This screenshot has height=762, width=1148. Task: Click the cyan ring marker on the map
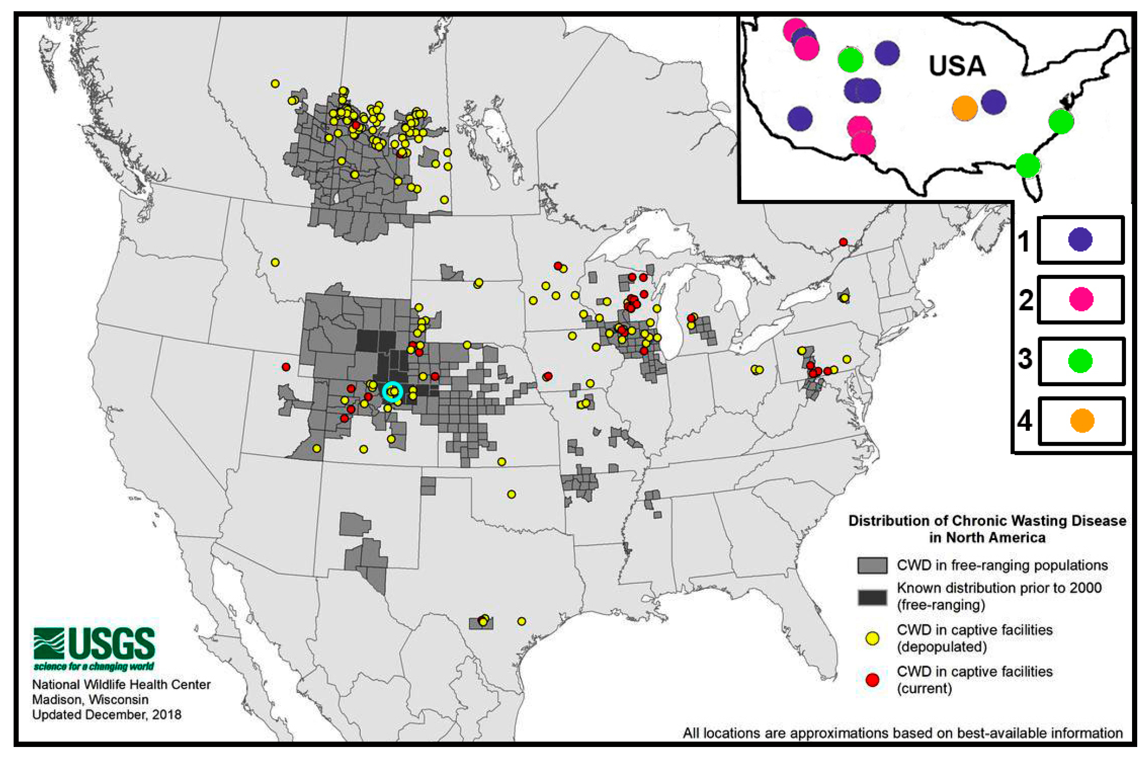[392, 391]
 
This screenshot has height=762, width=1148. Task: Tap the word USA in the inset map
[957, 66]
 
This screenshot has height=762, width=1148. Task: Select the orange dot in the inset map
[965, 108]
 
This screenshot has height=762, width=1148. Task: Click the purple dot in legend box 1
[1080, 240]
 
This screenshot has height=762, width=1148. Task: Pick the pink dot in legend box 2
[1081, 299]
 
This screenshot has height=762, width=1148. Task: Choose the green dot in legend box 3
[1080, 360]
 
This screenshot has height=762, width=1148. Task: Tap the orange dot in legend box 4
[1082, 420]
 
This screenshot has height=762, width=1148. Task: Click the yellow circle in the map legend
[873, 638]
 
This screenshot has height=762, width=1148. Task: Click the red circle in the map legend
[873, 680]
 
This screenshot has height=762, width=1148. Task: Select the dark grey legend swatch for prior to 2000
[872, 597]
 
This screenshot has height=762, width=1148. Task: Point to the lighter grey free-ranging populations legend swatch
[872, 565]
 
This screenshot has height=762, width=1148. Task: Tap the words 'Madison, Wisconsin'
[91, 700]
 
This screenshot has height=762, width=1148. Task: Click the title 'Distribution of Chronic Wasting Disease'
[987, 521]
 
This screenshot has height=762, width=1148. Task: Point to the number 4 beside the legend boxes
[1024, 421]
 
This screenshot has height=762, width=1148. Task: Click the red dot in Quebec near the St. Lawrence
[843, 242]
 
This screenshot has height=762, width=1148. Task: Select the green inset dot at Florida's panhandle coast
[1028, 165]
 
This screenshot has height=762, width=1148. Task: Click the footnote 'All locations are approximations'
[902, 733]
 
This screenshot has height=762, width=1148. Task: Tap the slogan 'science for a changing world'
[94, 666]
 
